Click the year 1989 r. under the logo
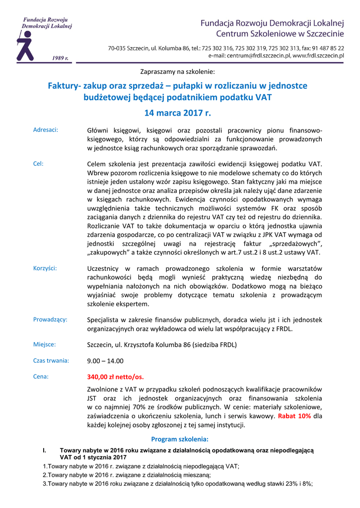60,58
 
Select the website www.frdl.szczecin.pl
318,56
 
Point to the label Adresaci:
46,130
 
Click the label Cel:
38,163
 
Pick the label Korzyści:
45,268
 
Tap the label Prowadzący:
50,319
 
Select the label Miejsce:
44,344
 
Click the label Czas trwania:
51,361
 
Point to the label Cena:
41,377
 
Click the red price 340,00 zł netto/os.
115,377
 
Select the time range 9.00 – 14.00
105,361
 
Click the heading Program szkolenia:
180,439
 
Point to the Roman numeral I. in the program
45,450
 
